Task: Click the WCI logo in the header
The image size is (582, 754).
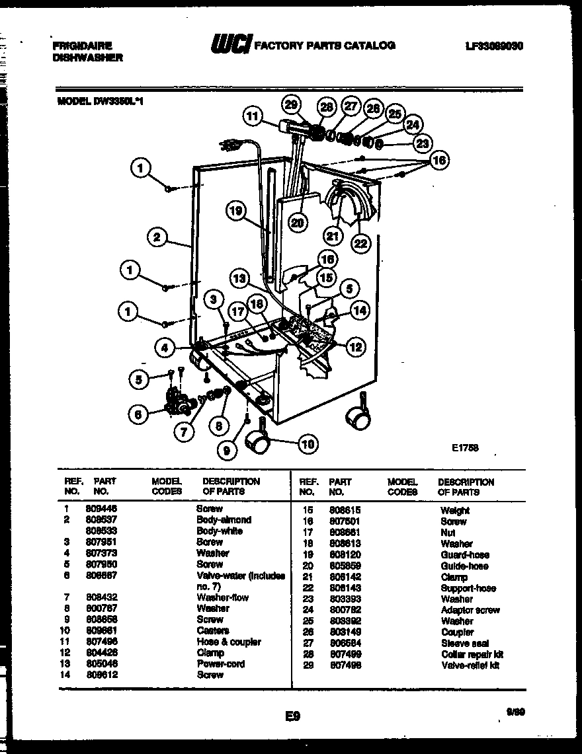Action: point(231,46)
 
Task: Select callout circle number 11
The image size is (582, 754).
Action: point(252,116)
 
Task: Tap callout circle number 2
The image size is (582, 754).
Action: point(156,237)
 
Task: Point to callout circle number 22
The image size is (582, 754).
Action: point(360,243)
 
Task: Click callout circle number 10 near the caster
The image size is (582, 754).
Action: point(308,443)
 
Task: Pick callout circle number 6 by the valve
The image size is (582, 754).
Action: point(138,414)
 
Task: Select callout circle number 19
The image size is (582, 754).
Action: point(235,211)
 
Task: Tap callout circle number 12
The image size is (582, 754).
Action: point(356,347)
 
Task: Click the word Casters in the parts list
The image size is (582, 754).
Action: point(212,630)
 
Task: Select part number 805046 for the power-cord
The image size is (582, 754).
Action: point(101,663)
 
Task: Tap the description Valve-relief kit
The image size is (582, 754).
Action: point(470,665)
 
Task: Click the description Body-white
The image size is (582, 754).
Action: point(220,531)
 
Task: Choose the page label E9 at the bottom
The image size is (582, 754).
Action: point(294,715)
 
